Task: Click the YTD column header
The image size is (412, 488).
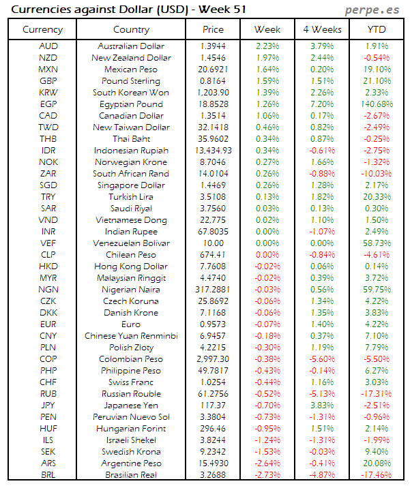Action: (x=375, y=29)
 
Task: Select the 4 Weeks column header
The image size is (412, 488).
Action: (x=322, y=29)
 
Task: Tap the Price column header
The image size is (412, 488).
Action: (x=213, y=29)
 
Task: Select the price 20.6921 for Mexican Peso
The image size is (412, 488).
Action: (x=213, y=70)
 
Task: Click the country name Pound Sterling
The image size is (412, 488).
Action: (x=131, y=81)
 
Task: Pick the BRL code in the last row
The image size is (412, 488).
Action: (x=48, y=475)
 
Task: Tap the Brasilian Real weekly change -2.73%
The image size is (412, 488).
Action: (x=267, y=475)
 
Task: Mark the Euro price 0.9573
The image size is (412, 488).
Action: (x=213, y=324)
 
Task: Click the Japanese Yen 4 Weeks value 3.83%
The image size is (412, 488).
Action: (x=322, y=406)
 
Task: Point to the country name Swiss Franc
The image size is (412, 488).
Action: (x=131, y=382)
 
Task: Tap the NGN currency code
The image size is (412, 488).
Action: (x=48, y=290)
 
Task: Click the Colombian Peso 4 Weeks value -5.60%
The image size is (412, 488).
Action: (x=322, y=359)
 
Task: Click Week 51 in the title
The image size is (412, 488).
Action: (x=224, y=10)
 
